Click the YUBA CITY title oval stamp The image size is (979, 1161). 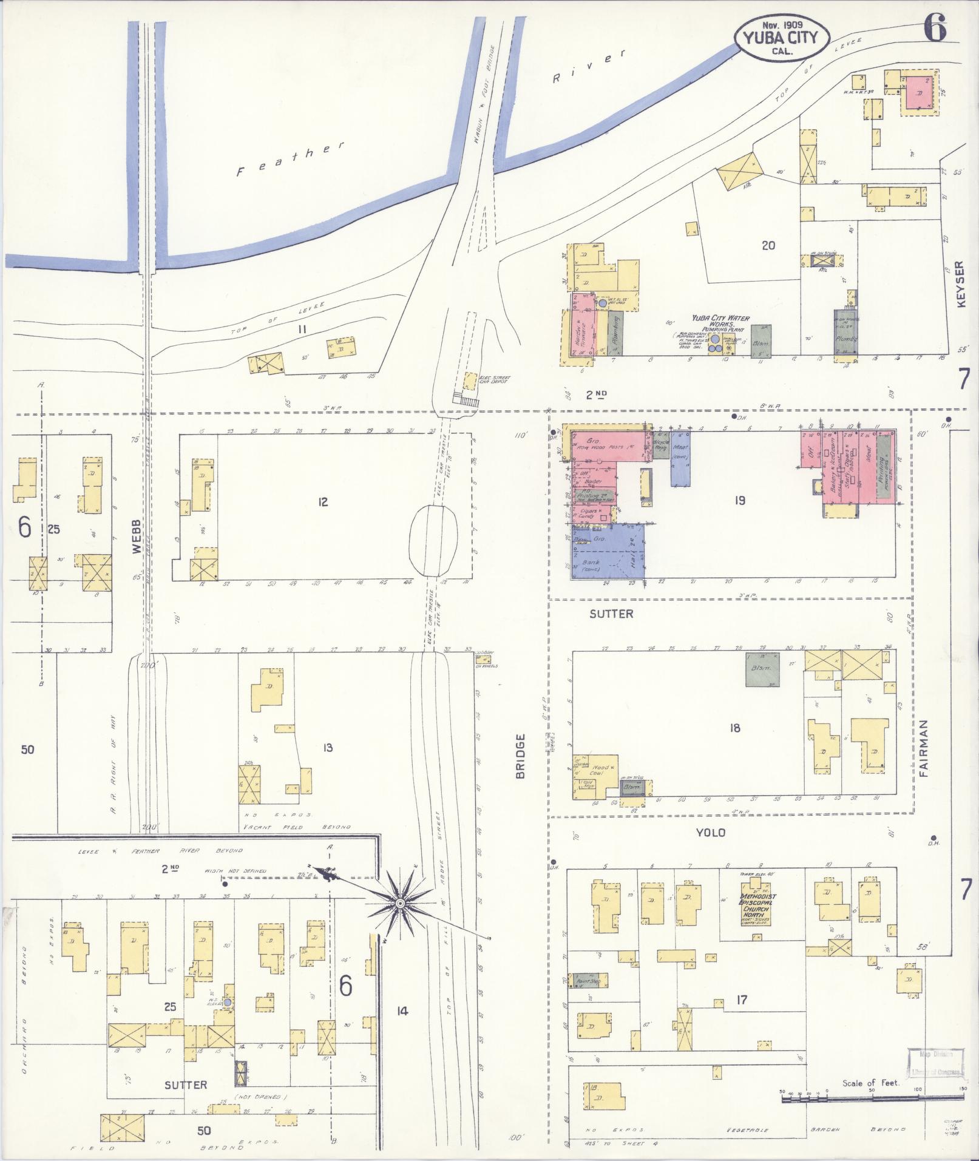click(781, 37)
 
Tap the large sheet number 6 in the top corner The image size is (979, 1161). click(935, 28)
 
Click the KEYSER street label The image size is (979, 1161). click(960, 285)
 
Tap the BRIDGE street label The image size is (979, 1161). click(520, 756)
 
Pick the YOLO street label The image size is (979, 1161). click(710, 833)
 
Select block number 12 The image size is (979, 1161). click(323, 502)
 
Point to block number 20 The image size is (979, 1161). click(768, 246)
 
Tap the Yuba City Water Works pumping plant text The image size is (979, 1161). click(721, 322)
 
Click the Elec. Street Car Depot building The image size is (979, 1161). click(469, 381)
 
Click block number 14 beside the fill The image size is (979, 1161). click(401, 1011)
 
